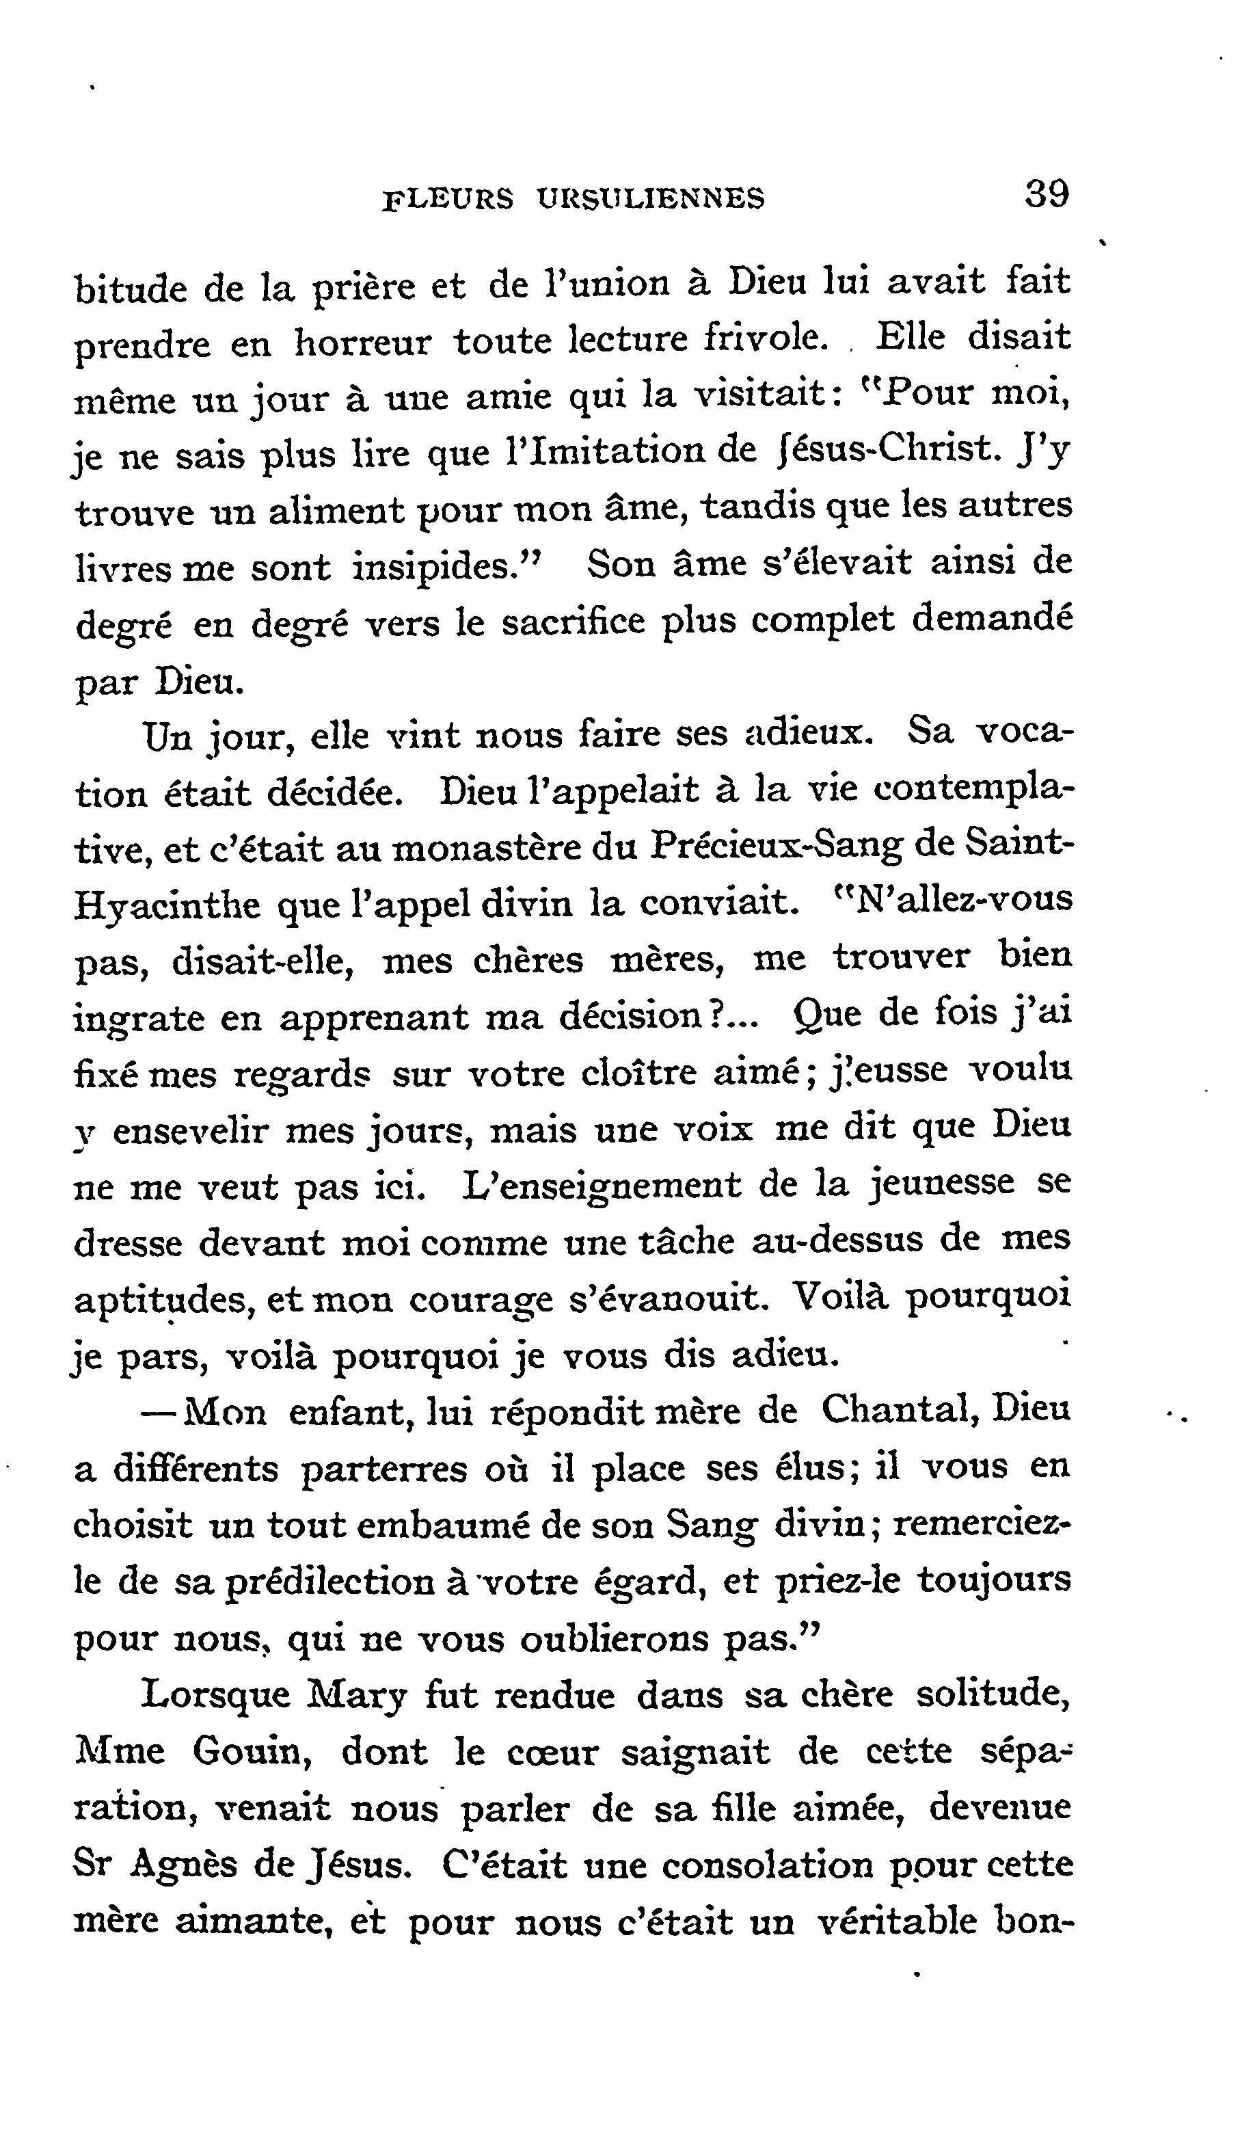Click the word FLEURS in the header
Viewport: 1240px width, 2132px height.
pyautogui.click(x=448, y=199)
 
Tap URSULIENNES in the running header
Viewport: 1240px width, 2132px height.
pyautogui.click(x=651, y=199)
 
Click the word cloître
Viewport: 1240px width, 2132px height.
pyautogui.click(x=638, y=1073)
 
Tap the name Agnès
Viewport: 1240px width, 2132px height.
pyautogui.click(x=184, y=1865)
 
